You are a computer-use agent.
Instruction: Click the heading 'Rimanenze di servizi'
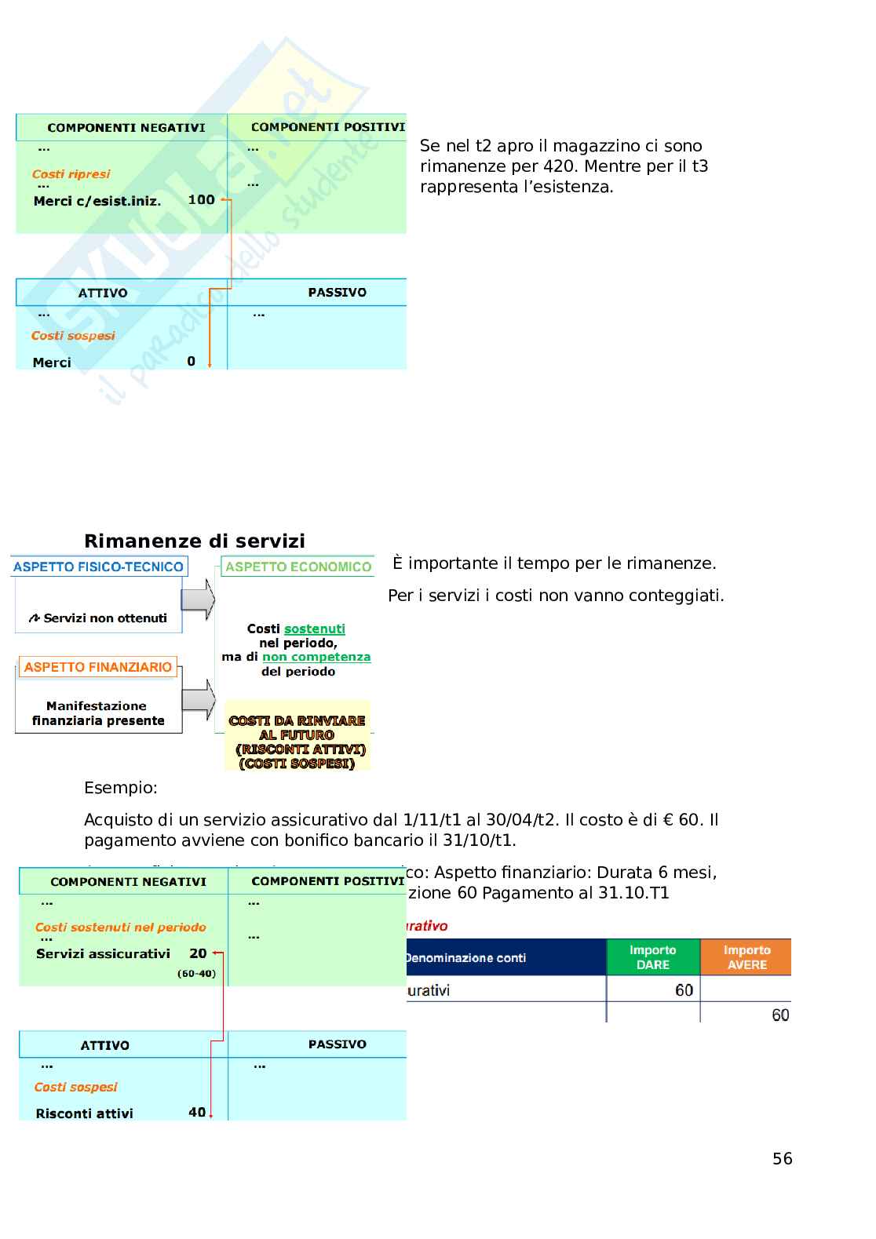[194, 541]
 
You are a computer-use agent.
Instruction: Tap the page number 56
[782, 1158]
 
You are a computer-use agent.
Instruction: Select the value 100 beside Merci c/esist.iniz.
[201, 199]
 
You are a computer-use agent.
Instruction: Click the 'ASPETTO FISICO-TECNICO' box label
[98, 567]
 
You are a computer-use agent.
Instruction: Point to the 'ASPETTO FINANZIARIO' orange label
[98, 667]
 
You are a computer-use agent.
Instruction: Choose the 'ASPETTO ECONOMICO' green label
[298, 567]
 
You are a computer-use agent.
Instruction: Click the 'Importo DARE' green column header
[652, 957]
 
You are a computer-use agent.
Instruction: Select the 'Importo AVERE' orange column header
[746, 957]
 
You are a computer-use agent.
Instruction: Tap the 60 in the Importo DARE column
[684, 989]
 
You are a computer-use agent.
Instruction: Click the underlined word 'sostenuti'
[315, 629]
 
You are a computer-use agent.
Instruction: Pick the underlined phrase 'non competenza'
[316, 657]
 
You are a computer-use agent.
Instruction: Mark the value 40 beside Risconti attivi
[197, 1112]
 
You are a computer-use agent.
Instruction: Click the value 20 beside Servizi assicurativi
[198, 953]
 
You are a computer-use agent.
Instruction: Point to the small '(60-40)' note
[196, 974]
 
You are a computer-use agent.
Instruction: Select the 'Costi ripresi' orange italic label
[71, 174]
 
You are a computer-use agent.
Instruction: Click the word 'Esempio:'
[121, 788]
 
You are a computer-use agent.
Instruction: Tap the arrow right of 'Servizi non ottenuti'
[199, 600]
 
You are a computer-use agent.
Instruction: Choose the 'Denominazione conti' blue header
[466, 957]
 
